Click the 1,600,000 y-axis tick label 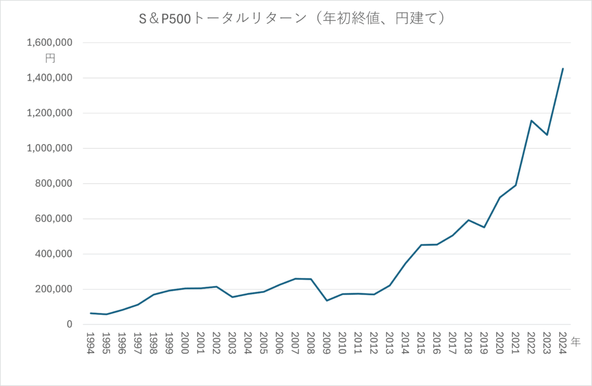pyautogui.click(x=49, y=43)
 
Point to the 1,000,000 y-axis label pyautogui.click(x=49, y=149)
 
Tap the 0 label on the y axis pyautogui.click(x=69, y=325)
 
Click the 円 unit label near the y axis pyautogui.click(x=50, y=58)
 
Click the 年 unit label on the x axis pyautogui.click(x=576, y=342)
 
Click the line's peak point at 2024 pyautogui.click(x=563, y=69)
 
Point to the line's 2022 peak pyautogui.click(x=531, y=120)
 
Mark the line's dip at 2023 pyautogui.click(x=547, y=135)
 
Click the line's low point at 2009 pyautogui.click(x=326, y=300)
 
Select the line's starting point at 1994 pyautogui.click(x=90, y=313)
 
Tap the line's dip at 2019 pyautogui.click(x=484, y=227)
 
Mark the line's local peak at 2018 pyautogui.click(x=468, y=220)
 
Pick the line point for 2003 pyautogui.click(x=232, y=297)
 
